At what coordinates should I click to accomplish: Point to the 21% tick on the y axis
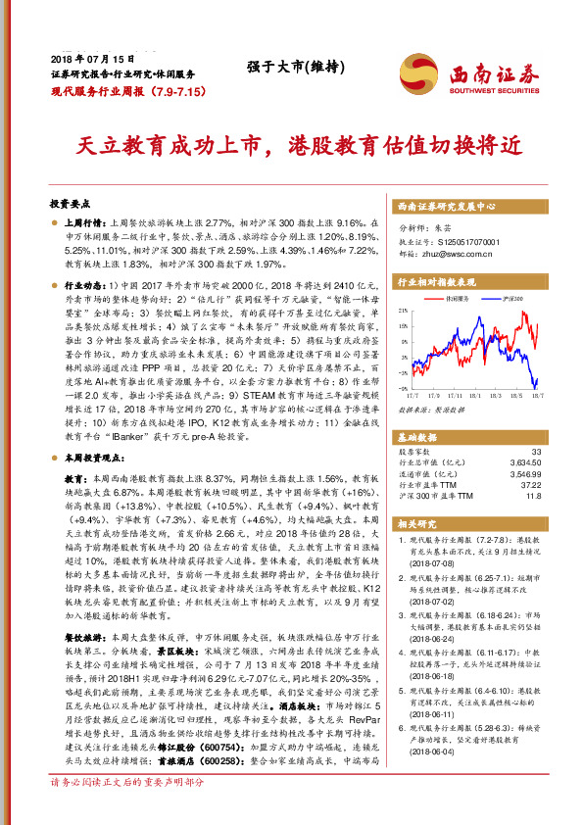402,310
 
